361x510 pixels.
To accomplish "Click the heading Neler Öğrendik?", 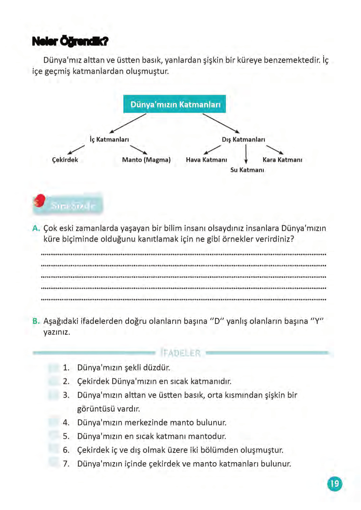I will click(70, 42).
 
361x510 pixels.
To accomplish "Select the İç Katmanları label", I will click(109, 140).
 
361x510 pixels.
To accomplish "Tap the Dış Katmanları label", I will click(243, 140).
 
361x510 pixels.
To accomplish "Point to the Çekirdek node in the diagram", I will click(65, 160).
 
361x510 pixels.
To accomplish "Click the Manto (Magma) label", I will click(146, 160).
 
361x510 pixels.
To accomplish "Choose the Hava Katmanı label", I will click(206, 160).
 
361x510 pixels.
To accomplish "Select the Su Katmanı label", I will click(247, 170).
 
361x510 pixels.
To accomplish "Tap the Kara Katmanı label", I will click(282, 160).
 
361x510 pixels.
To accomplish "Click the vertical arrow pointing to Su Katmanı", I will click(246, 153).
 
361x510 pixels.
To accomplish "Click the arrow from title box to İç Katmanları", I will click(128, 123).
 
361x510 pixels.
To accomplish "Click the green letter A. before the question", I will click(36, 228).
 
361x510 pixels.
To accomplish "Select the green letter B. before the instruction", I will click(36, 321).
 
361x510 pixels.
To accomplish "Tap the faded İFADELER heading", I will click(181, 353).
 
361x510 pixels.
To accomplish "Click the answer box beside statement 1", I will click(53, 368).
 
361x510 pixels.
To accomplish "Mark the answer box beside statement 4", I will click(53, 422).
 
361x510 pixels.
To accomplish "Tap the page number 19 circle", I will click(335, 484).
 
